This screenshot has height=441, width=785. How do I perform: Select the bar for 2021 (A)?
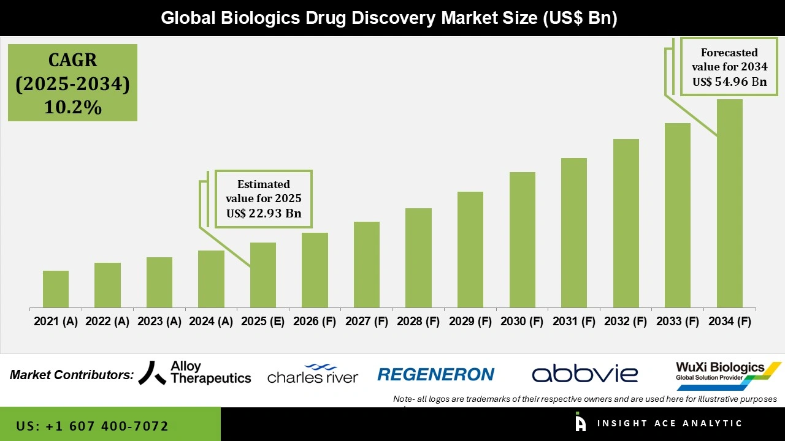(x=56, y=289)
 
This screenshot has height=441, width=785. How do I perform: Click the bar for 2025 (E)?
(x=263, y=275)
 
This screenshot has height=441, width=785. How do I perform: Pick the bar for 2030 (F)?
(x=522, y=239)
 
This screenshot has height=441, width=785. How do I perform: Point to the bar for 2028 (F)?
(x=418, y=258)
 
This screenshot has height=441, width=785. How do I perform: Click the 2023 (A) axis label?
(x=159, y=322)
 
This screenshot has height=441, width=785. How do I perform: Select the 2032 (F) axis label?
(x=626, y=322)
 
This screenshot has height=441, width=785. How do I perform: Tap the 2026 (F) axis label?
(x=315, y=322)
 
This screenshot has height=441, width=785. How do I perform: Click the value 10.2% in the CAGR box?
(x=72, y=107)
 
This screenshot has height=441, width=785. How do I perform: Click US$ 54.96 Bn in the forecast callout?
(x=730, y=81)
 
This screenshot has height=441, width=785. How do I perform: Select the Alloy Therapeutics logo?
(x=195, y=372)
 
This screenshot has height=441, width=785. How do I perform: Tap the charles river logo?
(x=313, y=374)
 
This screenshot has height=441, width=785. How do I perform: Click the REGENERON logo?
(x=435, y=374)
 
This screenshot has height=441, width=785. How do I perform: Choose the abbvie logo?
(x=584, y=374)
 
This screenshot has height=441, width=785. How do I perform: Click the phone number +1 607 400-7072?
(x=93, y=426)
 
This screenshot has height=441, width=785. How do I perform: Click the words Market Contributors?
(x=72, y=375)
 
